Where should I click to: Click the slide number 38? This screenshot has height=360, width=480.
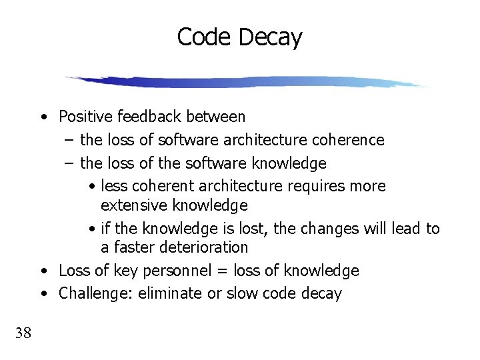tap(23, 333)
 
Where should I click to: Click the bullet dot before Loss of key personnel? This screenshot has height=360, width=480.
tap(42, 271)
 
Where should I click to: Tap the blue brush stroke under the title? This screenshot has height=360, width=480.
tap(247, 82)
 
